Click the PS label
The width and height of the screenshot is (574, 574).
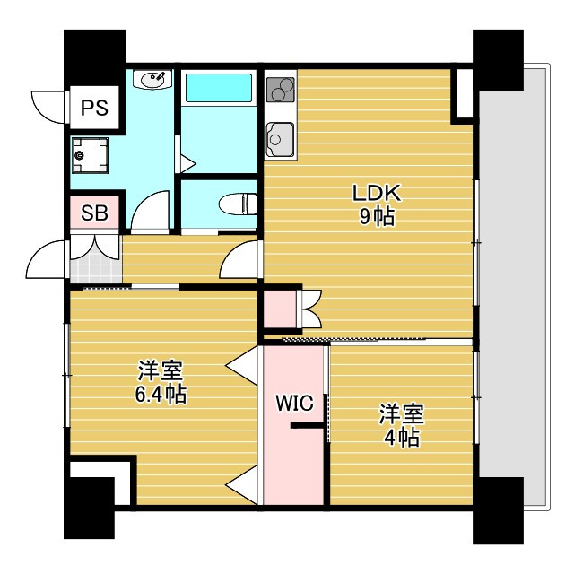coord(94,108)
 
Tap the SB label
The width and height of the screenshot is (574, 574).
coord(94,213)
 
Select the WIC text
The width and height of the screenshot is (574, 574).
coord(295,403)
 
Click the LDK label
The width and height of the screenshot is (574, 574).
coord(377,193)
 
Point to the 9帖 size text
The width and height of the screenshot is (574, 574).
coord(377,217)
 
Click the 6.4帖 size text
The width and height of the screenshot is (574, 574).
coord(161,395)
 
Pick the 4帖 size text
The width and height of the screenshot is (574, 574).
coord(402,437)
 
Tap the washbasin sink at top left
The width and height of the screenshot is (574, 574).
coord(152,79)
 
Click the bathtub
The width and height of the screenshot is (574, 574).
coord(219,88)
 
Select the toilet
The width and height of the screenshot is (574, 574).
coord(238,204)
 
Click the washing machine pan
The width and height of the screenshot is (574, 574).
coord(90,155)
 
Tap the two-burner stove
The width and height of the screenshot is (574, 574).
coord(281,90)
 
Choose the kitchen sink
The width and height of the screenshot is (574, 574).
coord(281,140)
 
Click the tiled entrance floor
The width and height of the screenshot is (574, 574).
coord(96,270)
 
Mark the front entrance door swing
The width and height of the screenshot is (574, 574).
coord(46,259)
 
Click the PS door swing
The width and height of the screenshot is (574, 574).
coord(48,107)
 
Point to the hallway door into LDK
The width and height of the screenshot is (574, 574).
coord(239,259)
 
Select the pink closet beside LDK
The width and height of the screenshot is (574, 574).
coord(281,309)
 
